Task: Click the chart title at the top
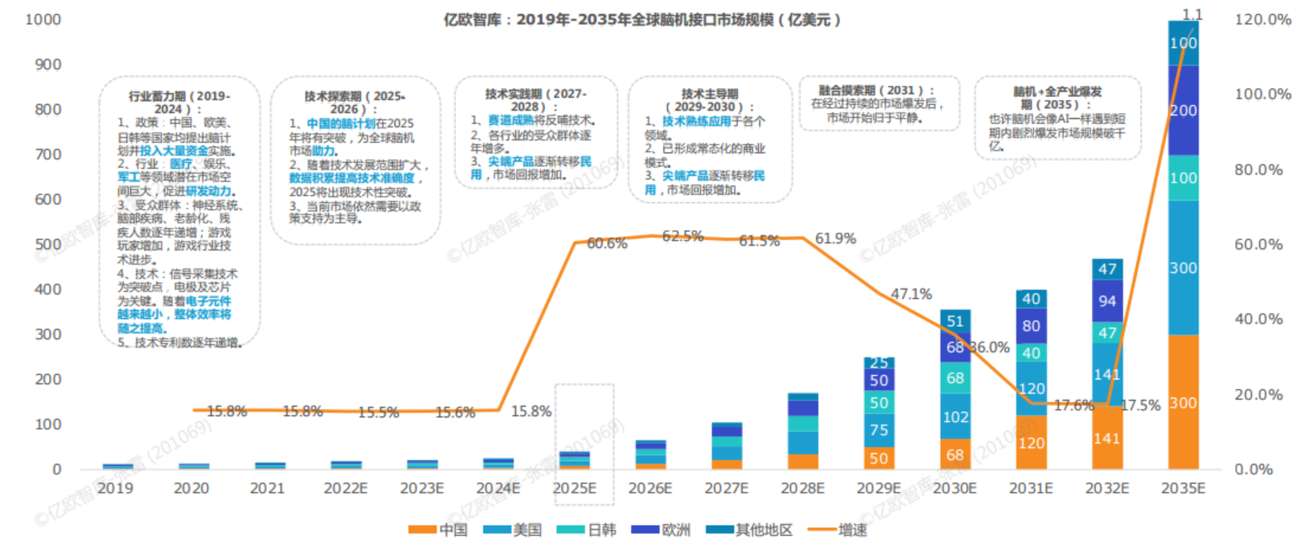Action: (x=641, y=20)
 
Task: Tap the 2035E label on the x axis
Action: (x=1183, y=489)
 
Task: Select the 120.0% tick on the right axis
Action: (x=1262, y=20)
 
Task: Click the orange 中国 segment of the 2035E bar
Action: (x=1183, y=403)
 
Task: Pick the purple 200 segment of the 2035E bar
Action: (x=1183, y=110)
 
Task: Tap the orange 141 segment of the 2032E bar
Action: (x=1107, y=438)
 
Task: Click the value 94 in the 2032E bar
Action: (x=1107, y=301)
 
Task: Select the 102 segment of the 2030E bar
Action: (x=955, y=417)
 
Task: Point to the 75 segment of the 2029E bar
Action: (x=878, y=430)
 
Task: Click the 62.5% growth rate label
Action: (x=683, y=236)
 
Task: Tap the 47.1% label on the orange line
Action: (x=911, y=294)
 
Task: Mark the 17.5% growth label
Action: (x=1140, y=405)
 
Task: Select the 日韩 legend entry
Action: (x=588, y=530)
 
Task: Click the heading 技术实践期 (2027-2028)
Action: (x=536, y=99)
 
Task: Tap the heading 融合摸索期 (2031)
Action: (x=877, y=90)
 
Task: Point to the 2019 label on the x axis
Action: (x=115, y=489)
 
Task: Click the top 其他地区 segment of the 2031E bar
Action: (x=1031, y=299)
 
